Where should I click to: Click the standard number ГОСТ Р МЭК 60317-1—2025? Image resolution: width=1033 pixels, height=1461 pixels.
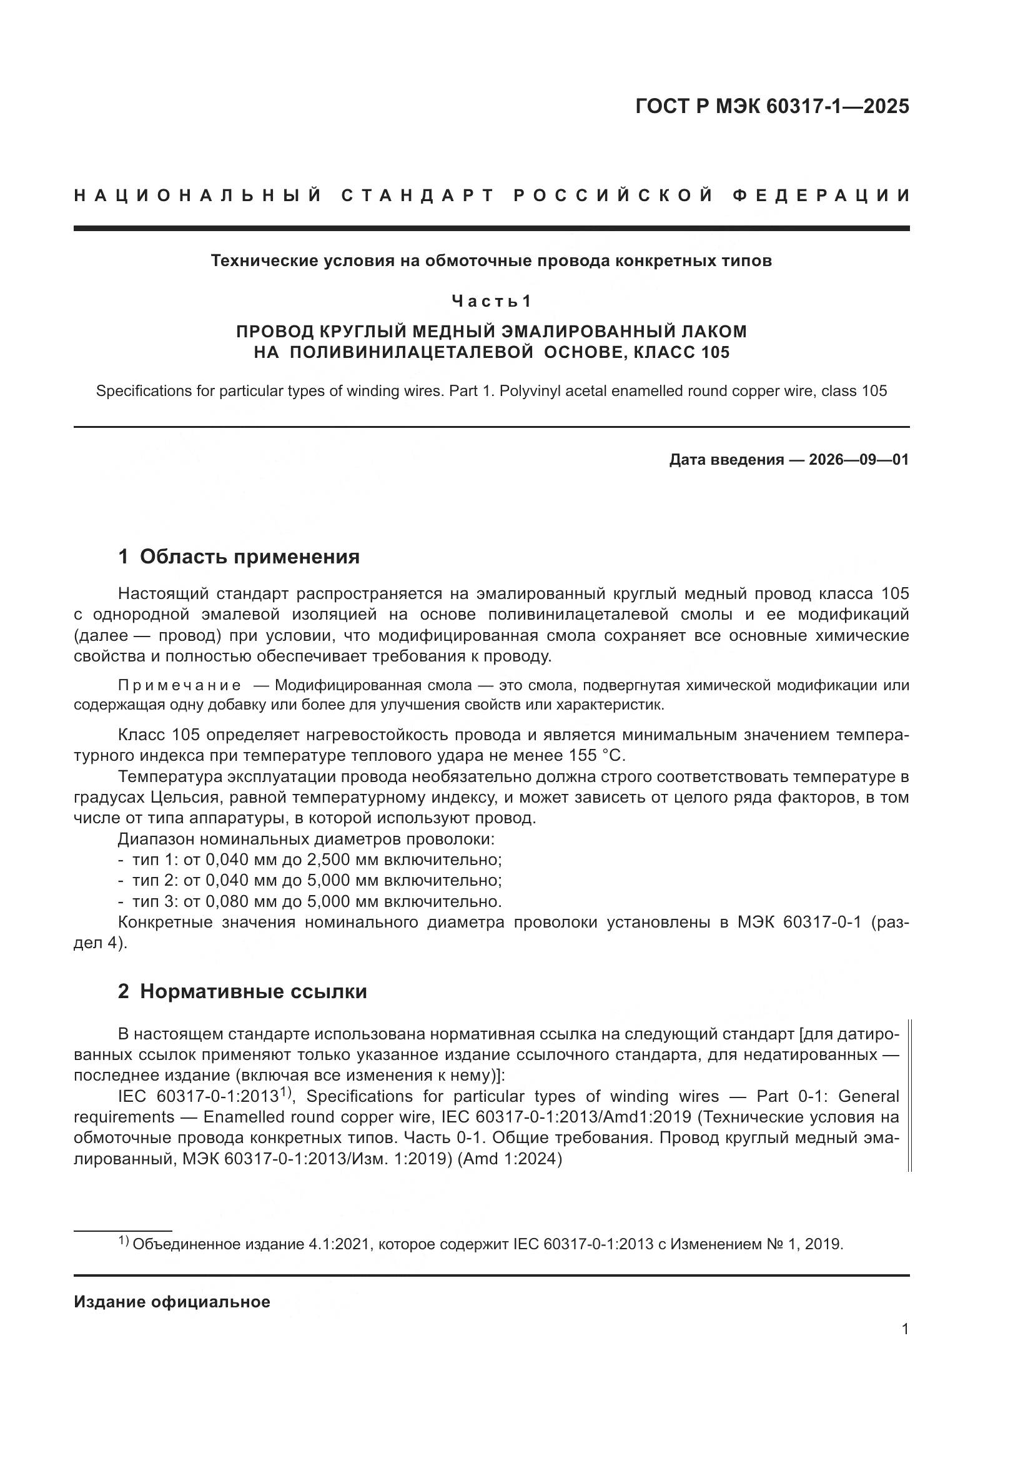[771, 106]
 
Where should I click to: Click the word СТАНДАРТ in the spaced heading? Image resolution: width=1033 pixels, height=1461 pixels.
[418, 196]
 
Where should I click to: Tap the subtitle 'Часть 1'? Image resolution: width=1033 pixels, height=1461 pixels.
[491, 301]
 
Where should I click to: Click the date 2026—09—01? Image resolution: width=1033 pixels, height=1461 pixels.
[859, 460]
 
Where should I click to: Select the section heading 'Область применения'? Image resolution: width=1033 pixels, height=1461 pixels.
[249, 557]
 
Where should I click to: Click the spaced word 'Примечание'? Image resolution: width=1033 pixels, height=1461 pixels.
[179, 685]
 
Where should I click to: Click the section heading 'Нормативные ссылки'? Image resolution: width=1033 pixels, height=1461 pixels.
[253, 991]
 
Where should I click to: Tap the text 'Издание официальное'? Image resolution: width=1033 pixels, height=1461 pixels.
[172, 1302]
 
